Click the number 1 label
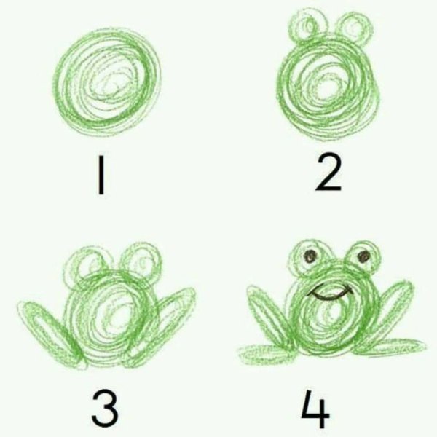point(101,176)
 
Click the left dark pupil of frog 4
point(310,256)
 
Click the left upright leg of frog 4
point(267,314)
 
